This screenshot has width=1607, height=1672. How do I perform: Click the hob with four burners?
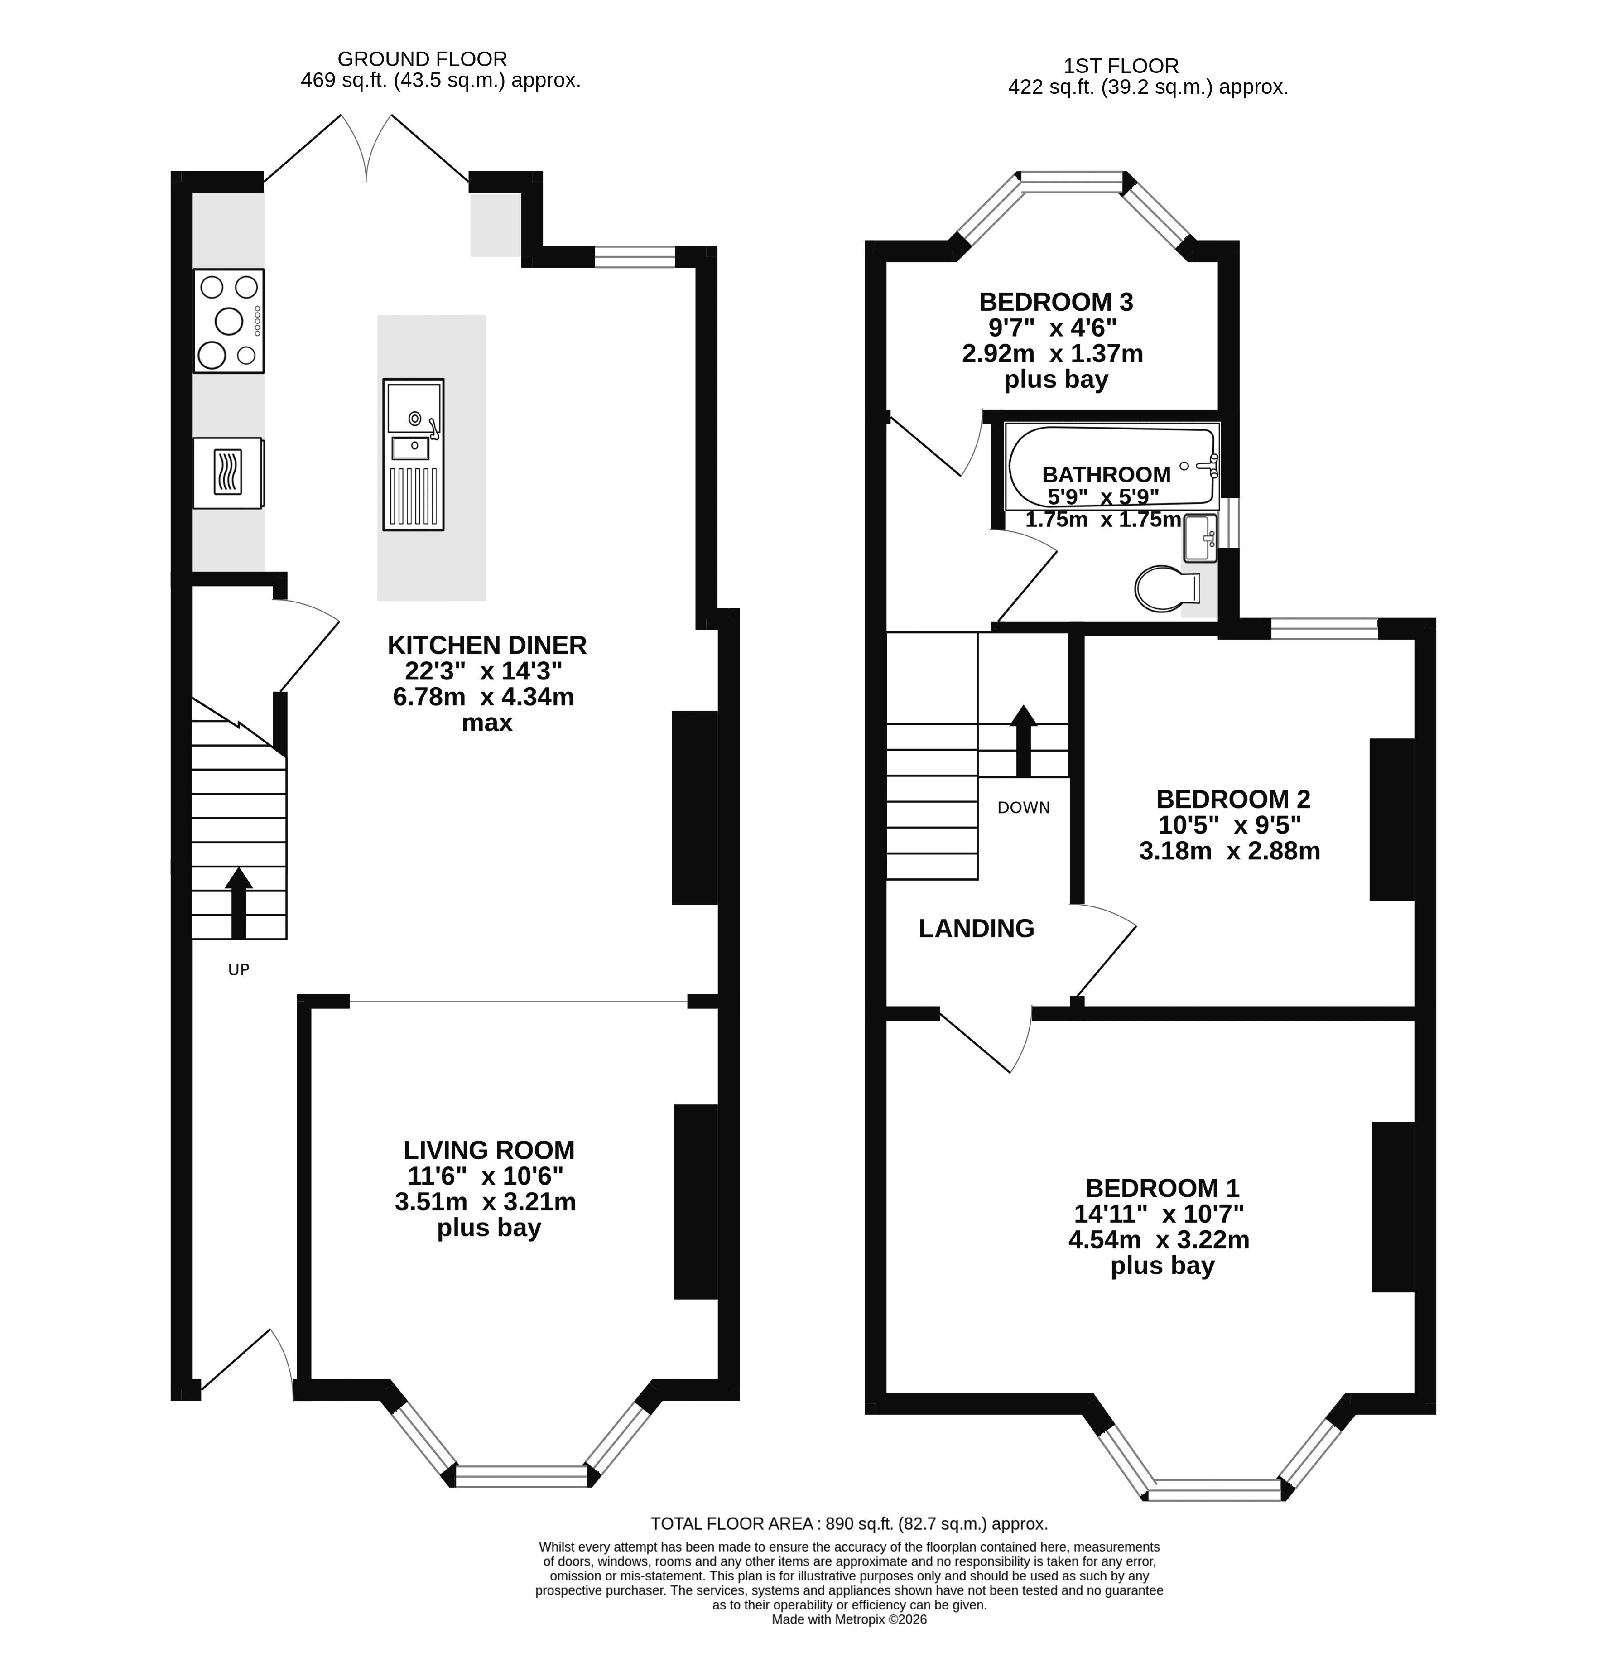[229, 321]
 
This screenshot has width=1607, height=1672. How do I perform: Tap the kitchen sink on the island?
[413, 454]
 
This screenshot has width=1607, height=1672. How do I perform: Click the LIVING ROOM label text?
[489, 1150]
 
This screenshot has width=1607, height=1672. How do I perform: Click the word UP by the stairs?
[239, 969]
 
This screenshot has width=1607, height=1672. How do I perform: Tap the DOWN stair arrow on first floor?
[1023, 741]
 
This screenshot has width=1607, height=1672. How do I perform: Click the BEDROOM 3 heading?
[1056, 302]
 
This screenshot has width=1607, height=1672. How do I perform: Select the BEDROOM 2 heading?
[1232, 800]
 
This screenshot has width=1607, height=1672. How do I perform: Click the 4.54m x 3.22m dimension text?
[1158, 1239]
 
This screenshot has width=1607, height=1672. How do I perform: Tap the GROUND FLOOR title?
[422, 59]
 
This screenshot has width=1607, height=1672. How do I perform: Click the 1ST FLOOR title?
[1121, 66]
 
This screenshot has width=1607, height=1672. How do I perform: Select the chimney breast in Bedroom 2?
[1392, 819]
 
